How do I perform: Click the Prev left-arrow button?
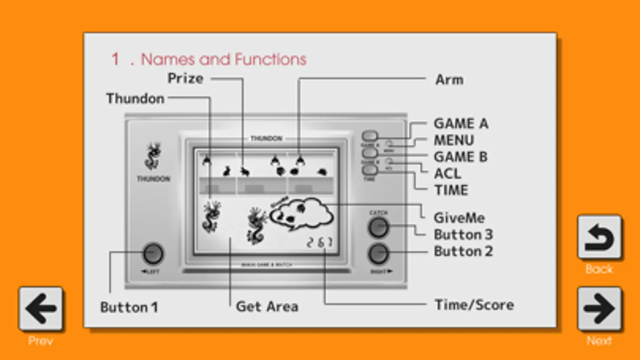(40, 308)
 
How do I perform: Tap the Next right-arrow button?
(599, 308)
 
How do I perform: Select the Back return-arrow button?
(599, 237)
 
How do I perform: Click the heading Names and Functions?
(223, 59)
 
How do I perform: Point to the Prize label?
(185, 78)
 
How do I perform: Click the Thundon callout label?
(135, 98)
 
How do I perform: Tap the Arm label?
(449, 80)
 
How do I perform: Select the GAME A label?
(461, 124)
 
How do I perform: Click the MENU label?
(454, 140)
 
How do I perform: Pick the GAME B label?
(461, 157)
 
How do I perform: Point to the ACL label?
(447, 174)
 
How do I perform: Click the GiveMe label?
(459, 218)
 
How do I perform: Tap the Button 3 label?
(463, 234)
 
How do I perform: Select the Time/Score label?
(474, 305)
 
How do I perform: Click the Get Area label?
(267, 306)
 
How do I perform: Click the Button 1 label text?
(129, 307)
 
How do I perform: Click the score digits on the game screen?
(319, 242)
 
